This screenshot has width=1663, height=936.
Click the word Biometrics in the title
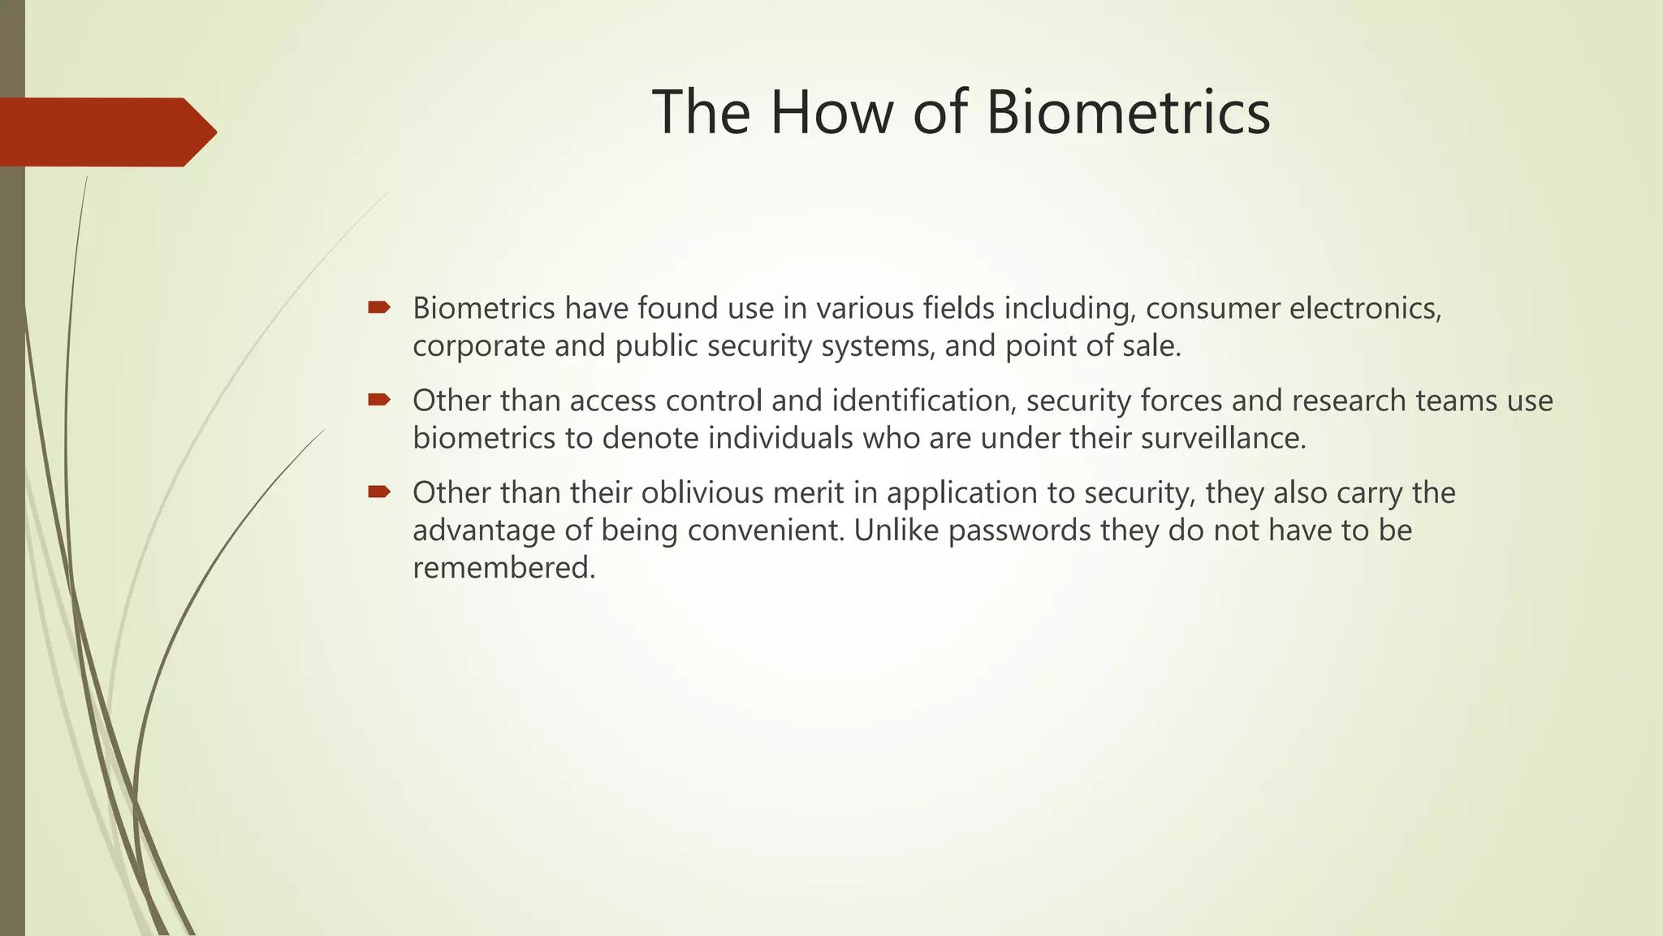point(1128,112)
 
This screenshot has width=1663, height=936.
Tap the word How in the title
point(831,112)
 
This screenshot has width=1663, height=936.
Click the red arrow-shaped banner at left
point(106,132)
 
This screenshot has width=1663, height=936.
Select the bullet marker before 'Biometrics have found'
point(379,307)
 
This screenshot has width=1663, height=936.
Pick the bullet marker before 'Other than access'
point(379,400)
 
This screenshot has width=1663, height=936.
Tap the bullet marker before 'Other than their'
point(379,492)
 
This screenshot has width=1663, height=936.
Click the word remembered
point(503,568)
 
